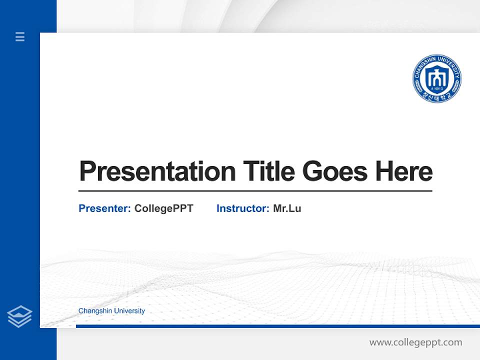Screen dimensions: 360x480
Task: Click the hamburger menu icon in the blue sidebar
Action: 20,36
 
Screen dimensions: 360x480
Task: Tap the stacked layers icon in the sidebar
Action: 19,316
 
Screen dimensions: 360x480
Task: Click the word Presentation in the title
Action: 157,171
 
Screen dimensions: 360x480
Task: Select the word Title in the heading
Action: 269,171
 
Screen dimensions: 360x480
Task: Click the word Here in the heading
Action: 403,171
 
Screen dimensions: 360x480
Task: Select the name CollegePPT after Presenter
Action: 163,208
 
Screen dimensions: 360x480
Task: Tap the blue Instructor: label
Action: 243,208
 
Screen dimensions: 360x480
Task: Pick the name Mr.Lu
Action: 287,208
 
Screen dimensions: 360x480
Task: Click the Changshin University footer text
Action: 111,311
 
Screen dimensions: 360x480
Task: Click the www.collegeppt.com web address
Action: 415,342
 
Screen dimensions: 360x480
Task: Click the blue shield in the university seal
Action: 436,77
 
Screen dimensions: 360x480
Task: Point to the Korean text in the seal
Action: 436,96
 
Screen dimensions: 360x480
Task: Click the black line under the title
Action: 255,191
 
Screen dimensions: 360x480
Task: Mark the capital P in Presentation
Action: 87,171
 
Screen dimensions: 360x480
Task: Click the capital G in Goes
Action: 312,171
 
